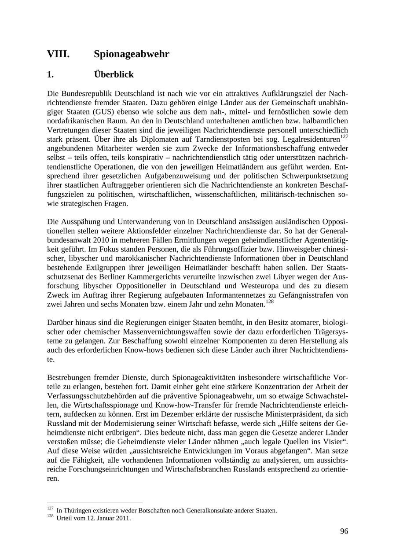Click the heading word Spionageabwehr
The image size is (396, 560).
[131, 54]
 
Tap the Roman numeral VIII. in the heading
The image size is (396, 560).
[58, 54]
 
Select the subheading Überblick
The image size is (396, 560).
[114, 74]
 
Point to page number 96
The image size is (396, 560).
[344, 531]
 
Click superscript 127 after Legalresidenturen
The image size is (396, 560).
[344, 136]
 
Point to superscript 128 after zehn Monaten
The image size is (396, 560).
[269, 302]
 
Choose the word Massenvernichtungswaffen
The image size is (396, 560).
[174, 332]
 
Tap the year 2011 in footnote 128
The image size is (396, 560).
[124, 518]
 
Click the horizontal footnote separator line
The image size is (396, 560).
[95, 503]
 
